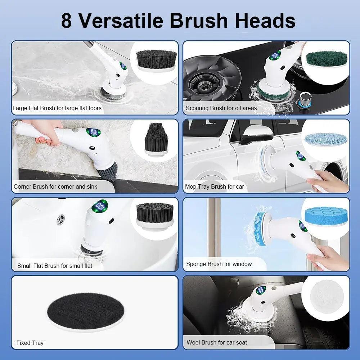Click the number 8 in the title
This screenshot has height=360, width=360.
[x=67, y=21]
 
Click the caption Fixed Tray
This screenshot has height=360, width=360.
[x=30, y=343]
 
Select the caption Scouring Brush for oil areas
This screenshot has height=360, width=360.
[x=221, y=108]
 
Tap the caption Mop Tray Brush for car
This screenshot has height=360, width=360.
[x=214, y=186]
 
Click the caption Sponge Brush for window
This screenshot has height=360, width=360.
[x=219, y=264]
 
